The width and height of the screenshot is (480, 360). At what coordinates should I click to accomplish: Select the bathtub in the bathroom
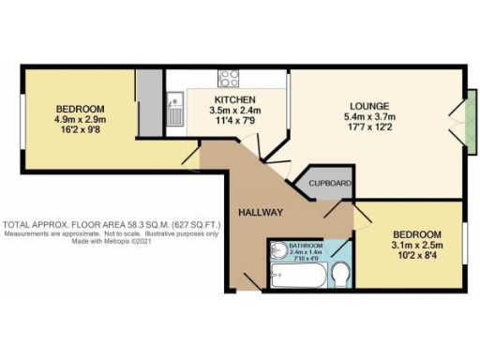[x=295, y=275]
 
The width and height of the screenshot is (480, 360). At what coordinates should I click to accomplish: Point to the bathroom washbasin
[x=278, y=251]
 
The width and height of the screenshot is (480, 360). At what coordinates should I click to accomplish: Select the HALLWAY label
[x=260, y=213]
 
